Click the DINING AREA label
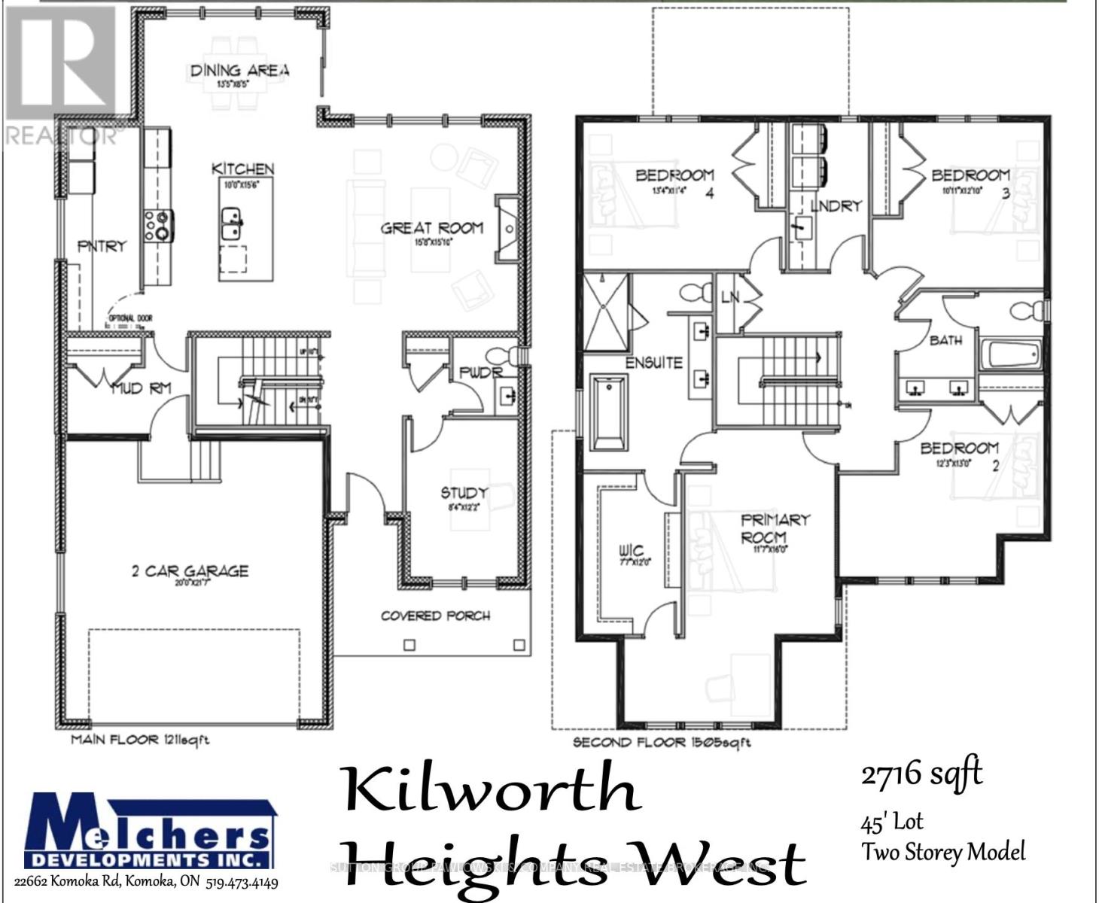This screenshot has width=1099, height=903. click(x=239, y=71)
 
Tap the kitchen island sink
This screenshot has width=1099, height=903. click(x=232, y=223)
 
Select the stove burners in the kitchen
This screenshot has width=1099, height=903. click(x=160, y=225)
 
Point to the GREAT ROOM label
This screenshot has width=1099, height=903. click(x=431, y=228)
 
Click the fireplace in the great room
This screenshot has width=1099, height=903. click(x=507, y=228)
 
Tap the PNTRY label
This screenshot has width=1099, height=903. click(x=102, y=246)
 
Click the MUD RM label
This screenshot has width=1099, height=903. click(x=141, y=389)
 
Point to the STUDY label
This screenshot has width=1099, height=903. click(x=464, y=493)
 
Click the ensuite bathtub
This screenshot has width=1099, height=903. click(x=609, y=412)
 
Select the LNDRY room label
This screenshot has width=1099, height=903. click(x=836, y=205)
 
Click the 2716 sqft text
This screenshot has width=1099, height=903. click(x=921, y=774)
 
